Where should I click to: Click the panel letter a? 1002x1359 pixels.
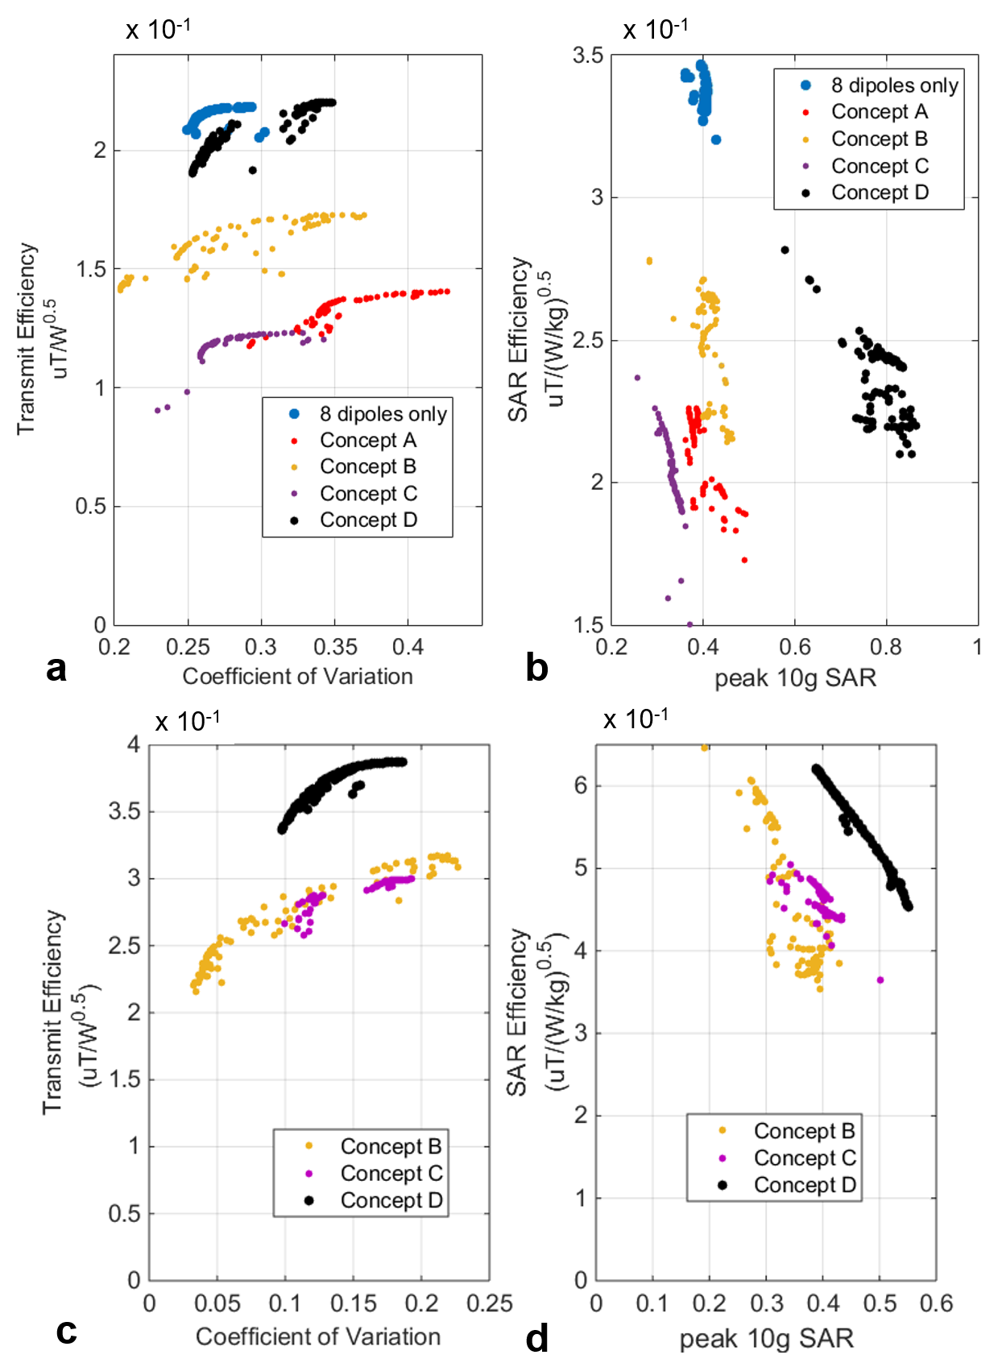pos(56,669)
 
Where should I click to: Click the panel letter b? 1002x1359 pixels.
pos(536,669)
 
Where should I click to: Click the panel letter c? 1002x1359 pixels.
pos(66,1331)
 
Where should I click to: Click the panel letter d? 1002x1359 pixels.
pos(536,1338)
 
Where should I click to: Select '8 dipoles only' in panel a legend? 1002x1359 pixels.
pos(383,414)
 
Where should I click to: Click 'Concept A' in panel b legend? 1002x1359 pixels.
pos(879,112)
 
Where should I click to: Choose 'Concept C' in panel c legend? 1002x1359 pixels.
pos(391,1173)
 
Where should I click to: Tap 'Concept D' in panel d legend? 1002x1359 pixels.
pos(804,1185)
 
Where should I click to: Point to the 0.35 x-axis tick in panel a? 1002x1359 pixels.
pos(335,647)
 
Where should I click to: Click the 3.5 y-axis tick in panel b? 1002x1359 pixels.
pos(588,56)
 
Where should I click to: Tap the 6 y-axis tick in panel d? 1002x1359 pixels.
pos(581,785)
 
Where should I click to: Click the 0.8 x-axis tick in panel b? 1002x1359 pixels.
pos(886,647)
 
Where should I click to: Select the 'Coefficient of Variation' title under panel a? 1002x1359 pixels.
pos(297,677)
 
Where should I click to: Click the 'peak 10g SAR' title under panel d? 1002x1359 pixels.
pos(766,1339)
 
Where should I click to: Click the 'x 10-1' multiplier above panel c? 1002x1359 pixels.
pos(187,721)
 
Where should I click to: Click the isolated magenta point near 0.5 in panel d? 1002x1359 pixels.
pos(880,980)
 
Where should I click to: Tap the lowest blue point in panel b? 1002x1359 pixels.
pos(716,140)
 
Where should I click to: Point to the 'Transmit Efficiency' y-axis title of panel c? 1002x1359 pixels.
pos(53,1012)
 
